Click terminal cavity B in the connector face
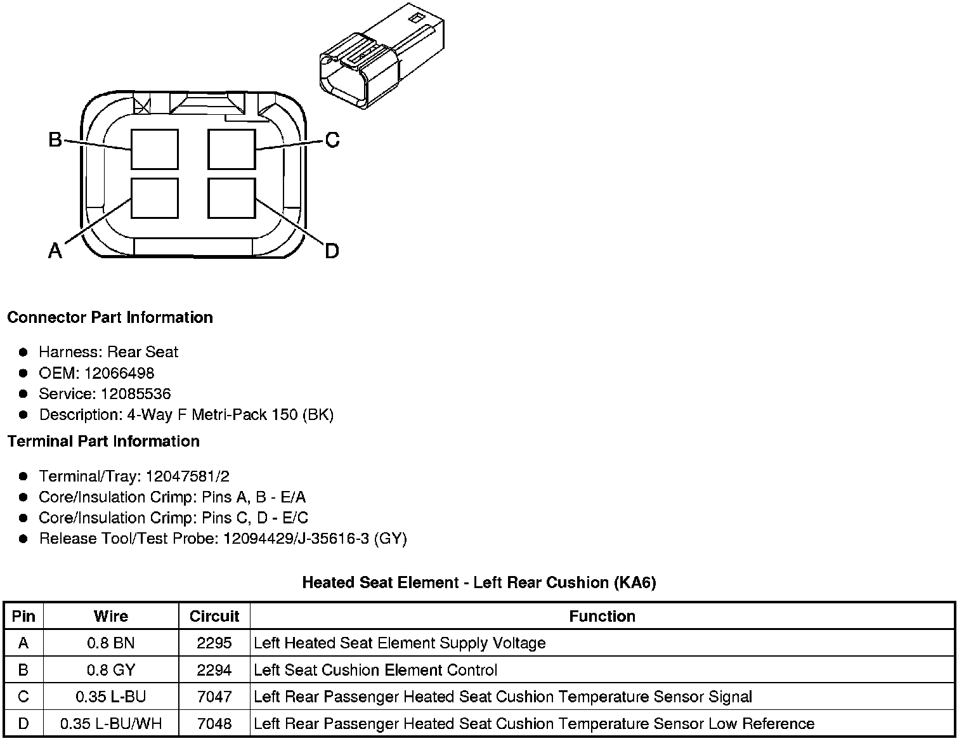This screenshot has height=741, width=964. pos(154,149)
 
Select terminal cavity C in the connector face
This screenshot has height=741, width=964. pos(231,149)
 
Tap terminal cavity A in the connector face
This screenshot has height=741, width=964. pos(154,198)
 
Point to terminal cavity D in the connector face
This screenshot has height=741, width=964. pos(231,198)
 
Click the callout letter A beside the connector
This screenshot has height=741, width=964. pos(55,251)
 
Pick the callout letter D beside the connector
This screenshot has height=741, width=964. pos(332,251)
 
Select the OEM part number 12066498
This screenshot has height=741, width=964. pos(119,373)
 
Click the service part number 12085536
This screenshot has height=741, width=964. pos(136,394)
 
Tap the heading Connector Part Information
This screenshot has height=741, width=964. pos(110,317)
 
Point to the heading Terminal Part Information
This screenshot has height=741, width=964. pos(103,441)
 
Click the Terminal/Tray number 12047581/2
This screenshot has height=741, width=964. pos(188,476)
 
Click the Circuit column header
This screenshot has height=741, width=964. pos(214,616)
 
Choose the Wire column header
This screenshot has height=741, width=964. pos(111,616)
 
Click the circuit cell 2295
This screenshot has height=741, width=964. pos(214,643)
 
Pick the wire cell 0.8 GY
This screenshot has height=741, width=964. pos(111,670)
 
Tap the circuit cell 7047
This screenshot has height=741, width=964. pos(214,697)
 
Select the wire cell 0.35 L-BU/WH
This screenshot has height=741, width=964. pos(111,724)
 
